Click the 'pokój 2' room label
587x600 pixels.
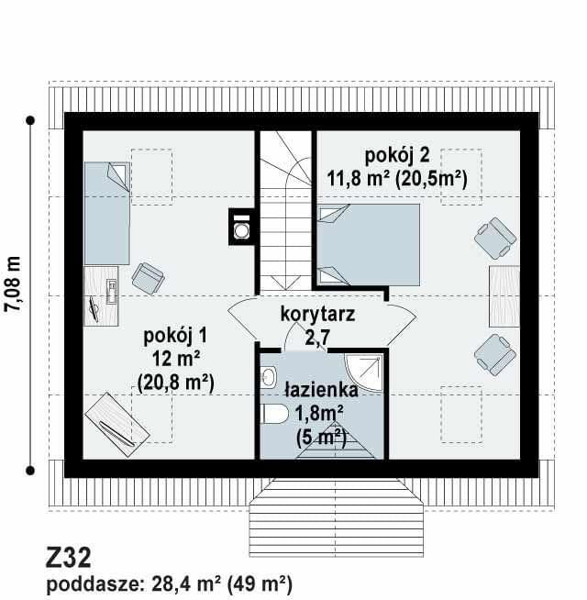[397, 155]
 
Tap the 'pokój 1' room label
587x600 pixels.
[175, 336]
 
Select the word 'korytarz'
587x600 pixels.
[317, 314]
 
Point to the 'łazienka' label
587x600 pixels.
[321, 390]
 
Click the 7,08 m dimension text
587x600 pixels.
[13, 283]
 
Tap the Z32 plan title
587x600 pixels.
[69, 558]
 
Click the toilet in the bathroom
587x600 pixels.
[276, 414]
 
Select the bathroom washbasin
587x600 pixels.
[268, 376]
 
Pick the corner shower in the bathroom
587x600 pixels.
[364, 372]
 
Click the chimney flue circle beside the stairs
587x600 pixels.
[241, 231]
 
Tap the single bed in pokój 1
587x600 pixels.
[107, 213]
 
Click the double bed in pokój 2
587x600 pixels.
[368, 245]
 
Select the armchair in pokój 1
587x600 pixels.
[148, 278]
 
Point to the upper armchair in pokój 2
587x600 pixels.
[495, 238]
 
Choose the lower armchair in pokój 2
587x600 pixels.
[495, 355]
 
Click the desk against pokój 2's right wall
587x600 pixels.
[504, 296]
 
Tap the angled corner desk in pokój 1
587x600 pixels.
[117, 425]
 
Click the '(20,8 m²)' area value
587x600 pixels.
[175, 382]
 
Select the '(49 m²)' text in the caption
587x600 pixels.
[260, 584]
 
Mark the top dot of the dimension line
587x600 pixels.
[30, 120]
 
